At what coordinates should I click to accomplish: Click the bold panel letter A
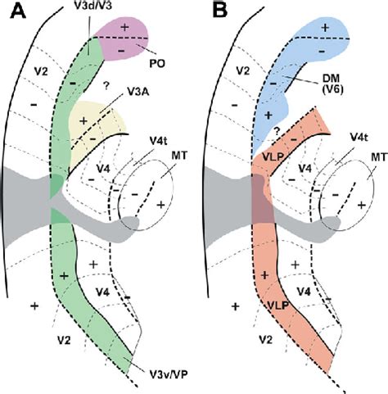13,14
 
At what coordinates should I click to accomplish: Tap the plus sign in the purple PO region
125,27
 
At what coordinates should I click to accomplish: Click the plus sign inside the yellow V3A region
83,120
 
